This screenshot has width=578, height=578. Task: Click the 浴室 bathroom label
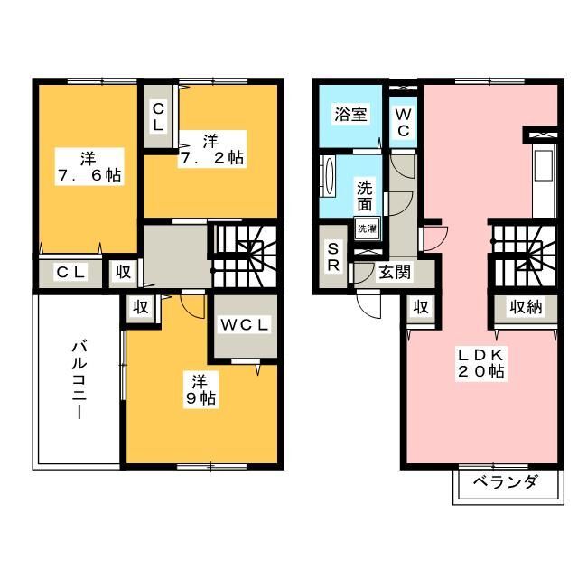coord(350,115)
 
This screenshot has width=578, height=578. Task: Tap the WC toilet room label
coord(402,122)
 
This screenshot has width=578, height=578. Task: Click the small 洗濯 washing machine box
coord(366,228)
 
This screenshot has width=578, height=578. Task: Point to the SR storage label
coord(333,256)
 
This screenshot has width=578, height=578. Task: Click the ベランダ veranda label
coord(504,481)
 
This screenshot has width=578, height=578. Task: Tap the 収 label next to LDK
coord(420,307)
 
